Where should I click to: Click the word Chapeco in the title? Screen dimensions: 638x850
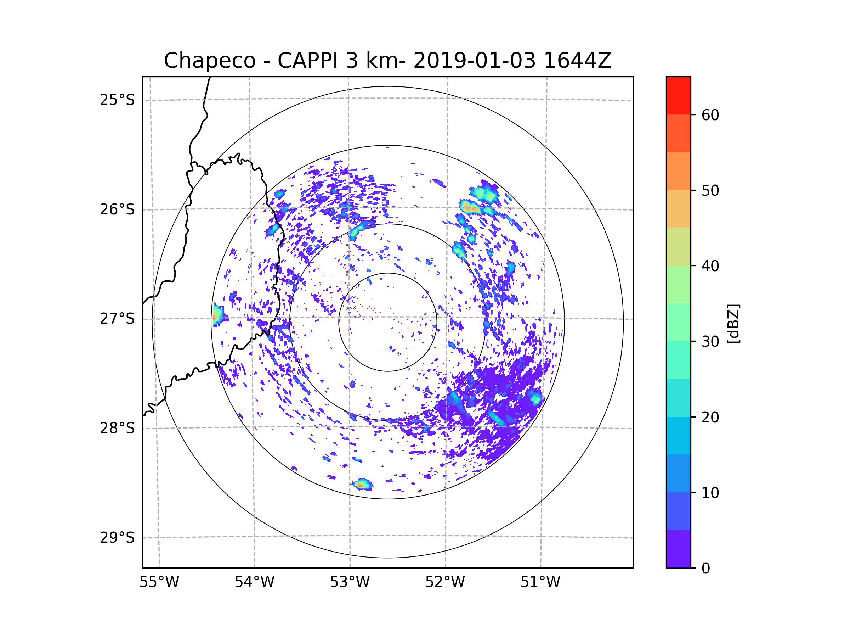[x=209, y=61]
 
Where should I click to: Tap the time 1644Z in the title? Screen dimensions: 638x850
[x=577, y=61]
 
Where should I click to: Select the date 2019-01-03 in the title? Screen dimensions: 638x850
[x=474, y=61]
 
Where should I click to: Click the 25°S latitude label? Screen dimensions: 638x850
[x=117, y=100]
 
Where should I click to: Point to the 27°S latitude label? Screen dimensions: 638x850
[x=117, y=318]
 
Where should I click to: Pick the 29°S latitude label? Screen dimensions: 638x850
[x=117, y=537]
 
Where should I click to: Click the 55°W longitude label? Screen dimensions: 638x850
[x=159, y=582]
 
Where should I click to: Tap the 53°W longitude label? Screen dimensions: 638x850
[x=350, y=582]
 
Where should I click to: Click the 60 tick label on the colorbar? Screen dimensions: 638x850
[x=710, y=115]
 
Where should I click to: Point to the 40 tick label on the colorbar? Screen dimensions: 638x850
[x=710, y=266]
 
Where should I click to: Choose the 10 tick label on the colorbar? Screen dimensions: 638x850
[x=710, y=493]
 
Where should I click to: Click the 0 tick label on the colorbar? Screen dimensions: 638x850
[x=706, y=568]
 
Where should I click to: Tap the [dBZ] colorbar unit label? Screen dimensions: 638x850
[x=733, y=323]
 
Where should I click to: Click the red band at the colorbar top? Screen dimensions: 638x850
[x=678, y=95]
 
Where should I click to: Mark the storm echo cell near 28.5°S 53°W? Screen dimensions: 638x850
[x=362, y=485]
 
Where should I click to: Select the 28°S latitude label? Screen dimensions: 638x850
[x=117, y=428]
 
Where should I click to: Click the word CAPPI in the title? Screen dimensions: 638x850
[x=307, y=61]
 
